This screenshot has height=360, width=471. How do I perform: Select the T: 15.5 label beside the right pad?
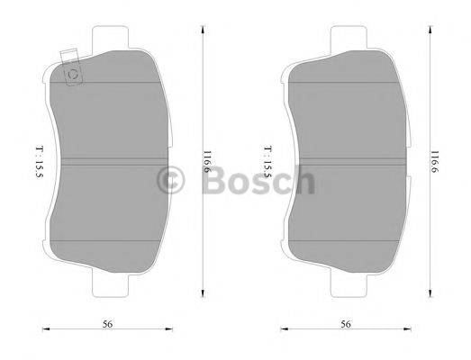(x=268, y=163)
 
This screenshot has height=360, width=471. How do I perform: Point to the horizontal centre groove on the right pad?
(x=347, y=163)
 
